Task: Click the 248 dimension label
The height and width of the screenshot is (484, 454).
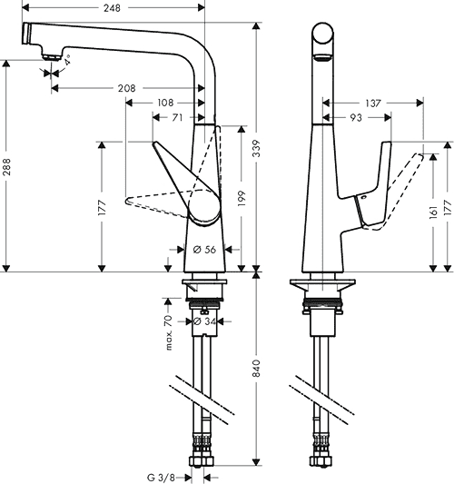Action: [112, 8]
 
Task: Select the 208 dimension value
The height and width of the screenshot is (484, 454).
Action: [126, 89]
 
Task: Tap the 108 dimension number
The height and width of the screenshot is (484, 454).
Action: [165, 103]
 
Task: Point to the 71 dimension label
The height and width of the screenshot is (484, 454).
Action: [177, 118]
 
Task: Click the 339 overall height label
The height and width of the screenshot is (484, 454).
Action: [256, 148]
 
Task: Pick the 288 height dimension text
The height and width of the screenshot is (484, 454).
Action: [6, 167]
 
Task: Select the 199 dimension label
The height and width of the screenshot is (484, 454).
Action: [242, 199]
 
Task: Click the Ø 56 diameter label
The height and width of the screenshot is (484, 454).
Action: [204, 250]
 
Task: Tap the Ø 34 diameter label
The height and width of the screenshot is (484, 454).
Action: [205, 321]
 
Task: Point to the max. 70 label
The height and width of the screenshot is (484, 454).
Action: [168, 332]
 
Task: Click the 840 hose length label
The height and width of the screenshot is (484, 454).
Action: [256, 369]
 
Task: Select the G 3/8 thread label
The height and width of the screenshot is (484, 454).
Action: [161, 478]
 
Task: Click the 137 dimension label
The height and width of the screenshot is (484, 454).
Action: [373, 104]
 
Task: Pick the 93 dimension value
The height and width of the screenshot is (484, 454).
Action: [356, 118]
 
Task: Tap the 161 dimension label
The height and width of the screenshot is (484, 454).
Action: [434, 212]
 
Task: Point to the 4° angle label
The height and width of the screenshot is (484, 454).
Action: [67, 60]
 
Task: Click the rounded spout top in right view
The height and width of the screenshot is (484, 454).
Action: [322, 34]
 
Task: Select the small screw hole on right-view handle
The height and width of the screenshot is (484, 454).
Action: [363, 197]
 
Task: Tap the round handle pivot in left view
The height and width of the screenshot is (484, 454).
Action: [204, 206]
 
